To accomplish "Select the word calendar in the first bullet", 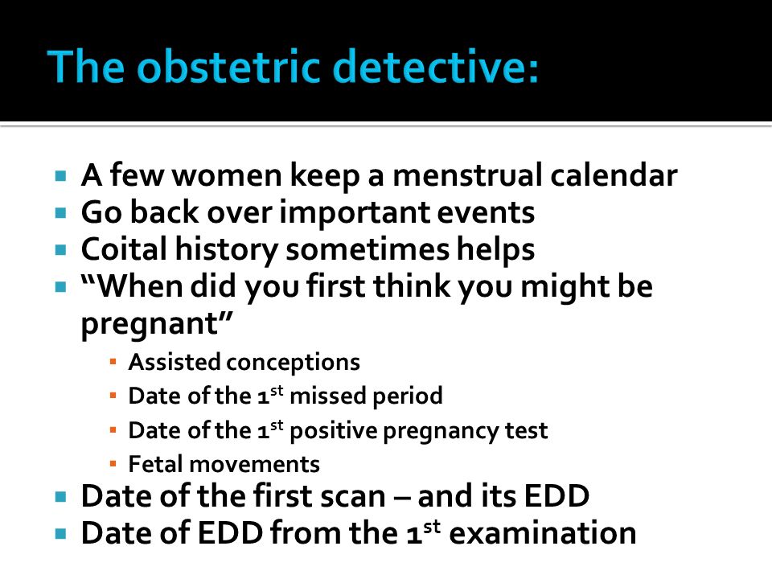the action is click(614, 175).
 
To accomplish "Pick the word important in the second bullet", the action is click(354, 213).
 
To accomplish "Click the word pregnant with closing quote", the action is click(157, 324).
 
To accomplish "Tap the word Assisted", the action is click(175, 362).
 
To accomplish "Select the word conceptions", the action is click(293, 363).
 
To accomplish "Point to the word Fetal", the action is click(155, 464).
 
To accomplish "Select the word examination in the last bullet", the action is click(543, 532).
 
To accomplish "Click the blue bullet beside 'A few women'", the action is click(61, 175).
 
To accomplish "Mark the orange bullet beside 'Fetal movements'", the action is click(113, 464).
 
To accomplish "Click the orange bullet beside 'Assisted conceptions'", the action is click(113, 362).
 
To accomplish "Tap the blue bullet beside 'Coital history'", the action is click(61, 249).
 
